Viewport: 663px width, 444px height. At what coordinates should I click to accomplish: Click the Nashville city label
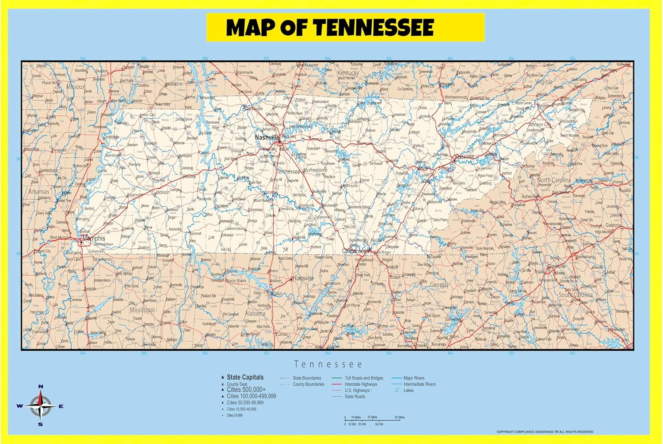point(267,138)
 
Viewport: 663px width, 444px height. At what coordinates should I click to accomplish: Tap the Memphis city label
point(94,239)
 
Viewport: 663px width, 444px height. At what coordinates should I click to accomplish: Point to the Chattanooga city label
point(356,251)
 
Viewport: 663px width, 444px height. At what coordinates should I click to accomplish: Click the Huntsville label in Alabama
point(303,278)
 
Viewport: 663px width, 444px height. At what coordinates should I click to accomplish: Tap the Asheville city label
point(530,196)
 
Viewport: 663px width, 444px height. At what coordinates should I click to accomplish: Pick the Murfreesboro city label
point(315,170)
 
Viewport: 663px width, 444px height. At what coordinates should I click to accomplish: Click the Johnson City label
point(539,125)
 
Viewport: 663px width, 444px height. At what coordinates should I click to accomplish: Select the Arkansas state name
point(39,192)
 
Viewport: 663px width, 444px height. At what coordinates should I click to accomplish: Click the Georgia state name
point(439,285)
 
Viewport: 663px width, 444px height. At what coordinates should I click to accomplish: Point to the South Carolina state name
point(575,294)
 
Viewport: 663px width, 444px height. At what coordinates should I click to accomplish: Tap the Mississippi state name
point(142,310)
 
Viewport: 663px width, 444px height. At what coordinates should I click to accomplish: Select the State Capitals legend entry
point(245,377)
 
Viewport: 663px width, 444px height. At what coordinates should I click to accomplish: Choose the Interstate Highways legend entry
point(361,384)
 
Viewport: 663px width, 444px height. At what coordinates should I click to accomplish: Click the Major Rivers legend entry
point(414,378)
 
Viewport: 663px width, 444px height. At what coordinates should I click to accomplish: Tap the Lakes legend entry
point(408,391)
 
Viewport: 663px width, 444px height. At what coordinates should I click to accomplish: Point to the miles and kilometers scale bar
point(374,420)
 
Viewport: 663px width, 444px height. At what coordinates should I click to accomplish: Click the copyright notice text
point(545,432)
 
